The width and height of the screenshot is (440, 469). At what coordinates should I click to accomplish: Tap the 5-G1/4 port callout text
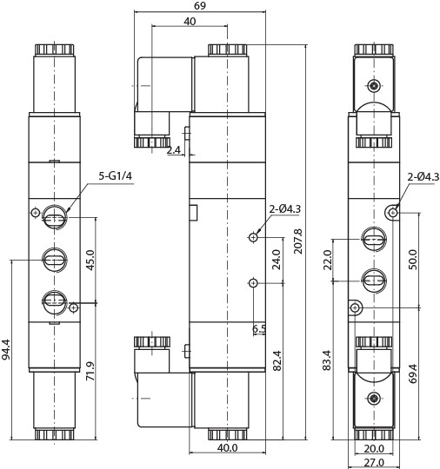116,177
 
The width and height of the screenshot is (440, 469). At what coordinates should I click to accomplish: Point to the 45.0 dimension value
90,260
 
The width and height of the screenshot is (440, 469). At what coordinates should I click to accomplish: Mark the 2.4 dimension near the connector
172,150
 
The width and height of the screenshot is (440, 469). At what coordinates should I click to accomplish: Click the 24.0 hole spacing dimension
277,260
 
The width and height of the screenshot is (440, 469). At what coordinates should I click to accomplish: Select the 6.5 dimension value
258,328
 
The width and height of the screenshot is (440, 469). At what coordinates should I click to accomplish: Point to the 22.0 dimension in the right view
329,260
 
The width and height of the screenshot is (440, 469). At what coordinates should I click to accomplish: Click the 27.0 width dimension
374,462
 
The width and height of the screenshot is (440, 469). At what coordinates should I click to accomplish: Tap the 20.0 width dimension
374,448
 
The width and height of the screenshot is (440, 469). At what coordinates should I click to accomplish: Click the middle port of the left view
54,258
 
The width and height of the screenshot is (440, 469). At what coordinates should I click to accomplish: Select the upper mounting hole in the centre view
253,237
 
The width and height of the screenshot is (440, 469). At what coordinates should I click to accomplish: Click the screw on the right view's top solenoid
374,86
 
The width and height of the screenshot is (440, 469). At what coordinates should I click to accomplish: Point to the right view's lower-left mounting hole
355,307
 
